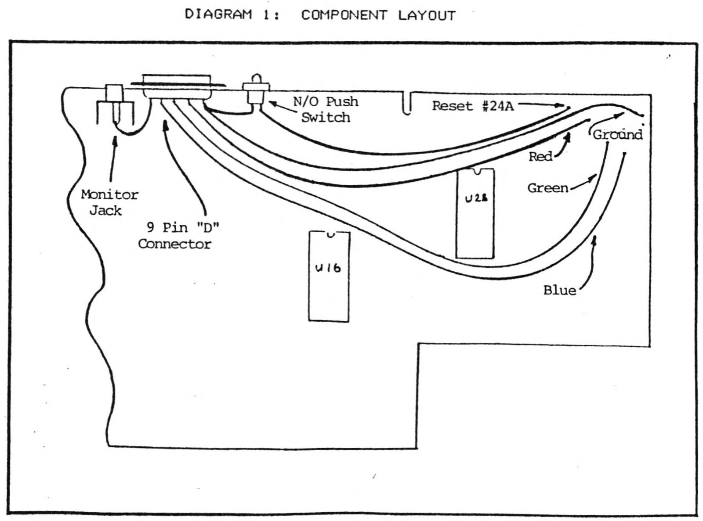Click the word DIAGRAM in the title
point(218,14)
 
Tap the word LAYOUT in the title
point(427,15)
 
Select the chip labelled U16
point(329,277)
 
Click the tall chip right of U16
point(475,213)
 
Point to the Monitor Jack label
point(109,203)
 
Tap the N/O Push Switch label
point(326,110)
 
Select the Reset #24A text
point(473,106)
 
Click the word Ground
point(617,135)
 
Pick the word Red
point(540,156)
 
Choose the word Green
point(548,188)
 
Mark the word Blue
point(560,291)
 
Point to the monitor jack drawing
point(115,104)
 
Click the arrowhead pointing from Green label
point(593,177)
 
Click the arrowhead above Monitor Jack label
point(116,140)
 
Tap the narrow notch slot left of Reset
point(408,103)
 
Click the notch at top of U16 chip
point(330,234)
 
